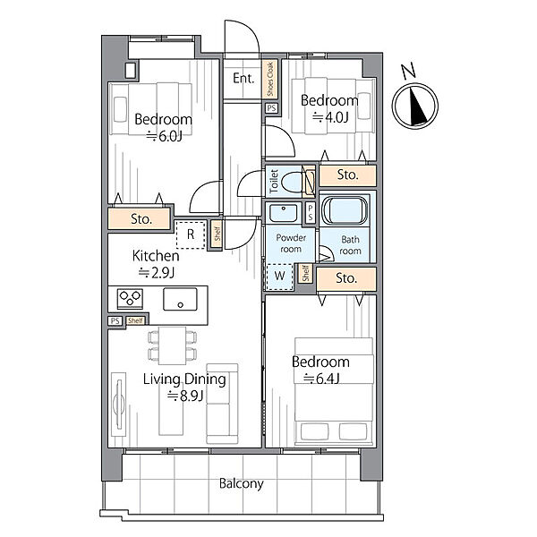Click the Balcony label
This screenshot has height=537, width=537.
241,483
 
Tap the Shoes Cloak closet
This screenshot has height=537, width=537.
270,80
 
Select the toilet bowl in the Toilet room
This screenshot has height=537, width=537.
292,182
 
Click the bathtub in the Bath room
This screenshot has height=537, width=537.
345,210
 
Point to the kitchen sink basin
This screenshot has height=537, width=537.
180,299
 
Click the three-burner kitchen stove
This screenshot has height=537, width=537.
130,298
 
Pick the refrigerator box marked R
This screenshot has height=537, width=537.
191,234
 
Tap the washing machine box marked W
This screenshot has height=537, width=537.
280,277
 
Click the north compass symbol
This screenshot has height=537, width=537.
414,105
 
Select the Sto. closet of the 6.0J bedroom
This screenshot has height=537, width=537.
139,218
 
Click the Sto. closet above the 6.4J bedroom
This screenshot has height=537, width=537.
345,278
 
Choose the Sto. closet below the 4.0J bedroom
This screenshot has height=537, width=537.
347,175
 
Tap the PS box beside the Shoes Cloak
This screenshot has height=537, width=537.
271,108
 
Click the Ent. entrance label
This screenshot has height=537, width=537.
243,79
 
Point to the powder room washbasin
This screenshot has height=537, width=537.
283,213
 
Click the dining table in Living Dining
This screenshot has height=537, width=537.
172,345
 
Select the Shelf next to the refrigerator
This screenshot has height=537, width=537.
217,234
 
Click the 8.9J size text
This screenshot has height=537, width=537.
185,396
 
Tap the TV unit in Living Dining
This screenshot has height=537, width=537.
118,405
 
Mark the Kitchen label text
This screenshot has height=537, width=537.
156,256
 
